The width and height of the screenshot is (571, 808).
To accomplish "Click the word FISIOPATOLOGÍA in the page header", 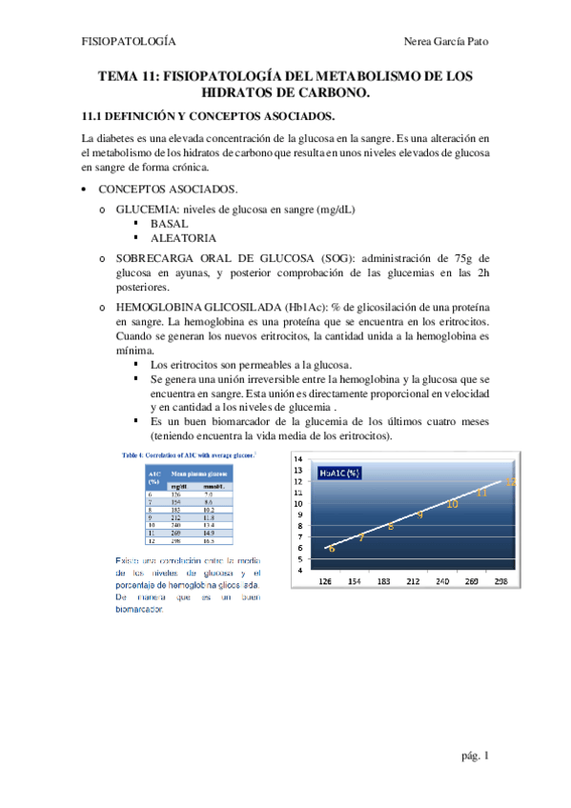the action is tap(129, 42).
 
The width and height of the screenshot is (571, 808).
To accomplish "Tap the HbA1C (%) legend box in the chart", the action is tap(341, 472).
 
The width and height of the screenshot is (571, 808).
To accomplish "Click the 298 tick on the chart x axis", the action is tap(503, 579).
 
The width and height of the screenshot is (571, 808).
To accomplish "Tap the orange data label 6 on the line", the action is tap(331, 549).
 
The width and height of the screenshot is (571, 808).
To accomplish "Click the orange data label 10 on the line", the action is tap(452, 503).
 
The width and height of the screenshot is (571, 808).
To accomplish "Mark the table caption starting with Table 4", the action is tap(186, 456).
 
